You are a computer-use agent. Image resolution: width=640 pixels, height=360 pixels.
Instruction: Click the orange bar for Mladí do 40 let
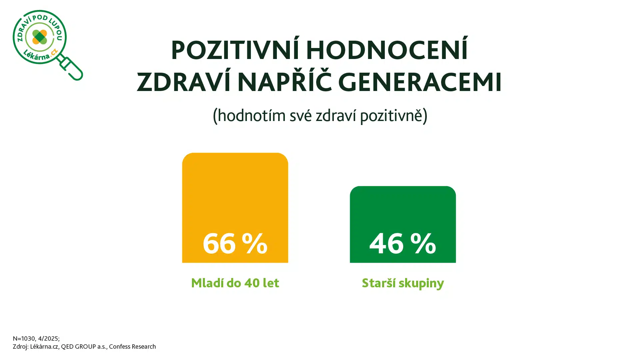(x=235, y=208)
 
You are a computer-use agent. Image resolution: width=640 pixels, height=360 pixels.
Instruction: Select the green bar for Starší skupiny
(x=403, y=224)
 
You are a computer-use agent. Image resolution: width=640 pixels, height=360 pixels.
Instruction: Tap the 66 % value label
(x=235, y=243)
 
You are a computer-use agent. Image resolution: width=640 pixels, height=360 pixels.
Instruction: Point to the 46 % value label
(x=403, y=243)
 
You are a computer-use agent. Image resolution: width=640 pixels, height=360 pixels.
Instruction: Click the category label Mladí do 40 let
(x=235, y=283)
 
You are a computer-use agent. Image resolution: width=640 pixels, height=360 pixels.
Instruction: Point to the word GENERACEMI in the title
(x=420, y=82)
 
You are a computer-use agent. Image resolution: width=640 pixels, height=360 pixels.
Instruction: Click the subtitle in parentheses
(x=320, y=116)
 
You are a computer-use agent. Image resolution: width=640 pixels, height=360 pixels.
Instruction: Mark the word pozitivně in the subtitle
(x=391, y=116)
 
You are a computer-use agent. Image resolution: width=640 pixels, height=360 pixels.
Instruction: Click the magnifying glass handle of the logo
(x=71, y=68)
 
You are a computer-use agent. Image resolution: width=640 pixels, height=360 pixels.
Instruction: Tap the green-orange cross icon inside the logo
(x=40, y=37)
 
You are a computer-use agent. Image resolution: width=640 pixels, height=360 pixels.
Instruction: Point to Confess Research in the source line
(x=132, y=347)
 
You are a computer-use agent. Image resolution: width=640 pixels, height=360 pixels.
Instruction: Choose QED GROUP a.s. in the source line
(x=84, y=347)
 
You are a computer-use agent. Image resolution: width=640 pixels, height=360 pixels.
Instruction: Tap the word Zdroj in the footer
(x=20, y=347)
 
